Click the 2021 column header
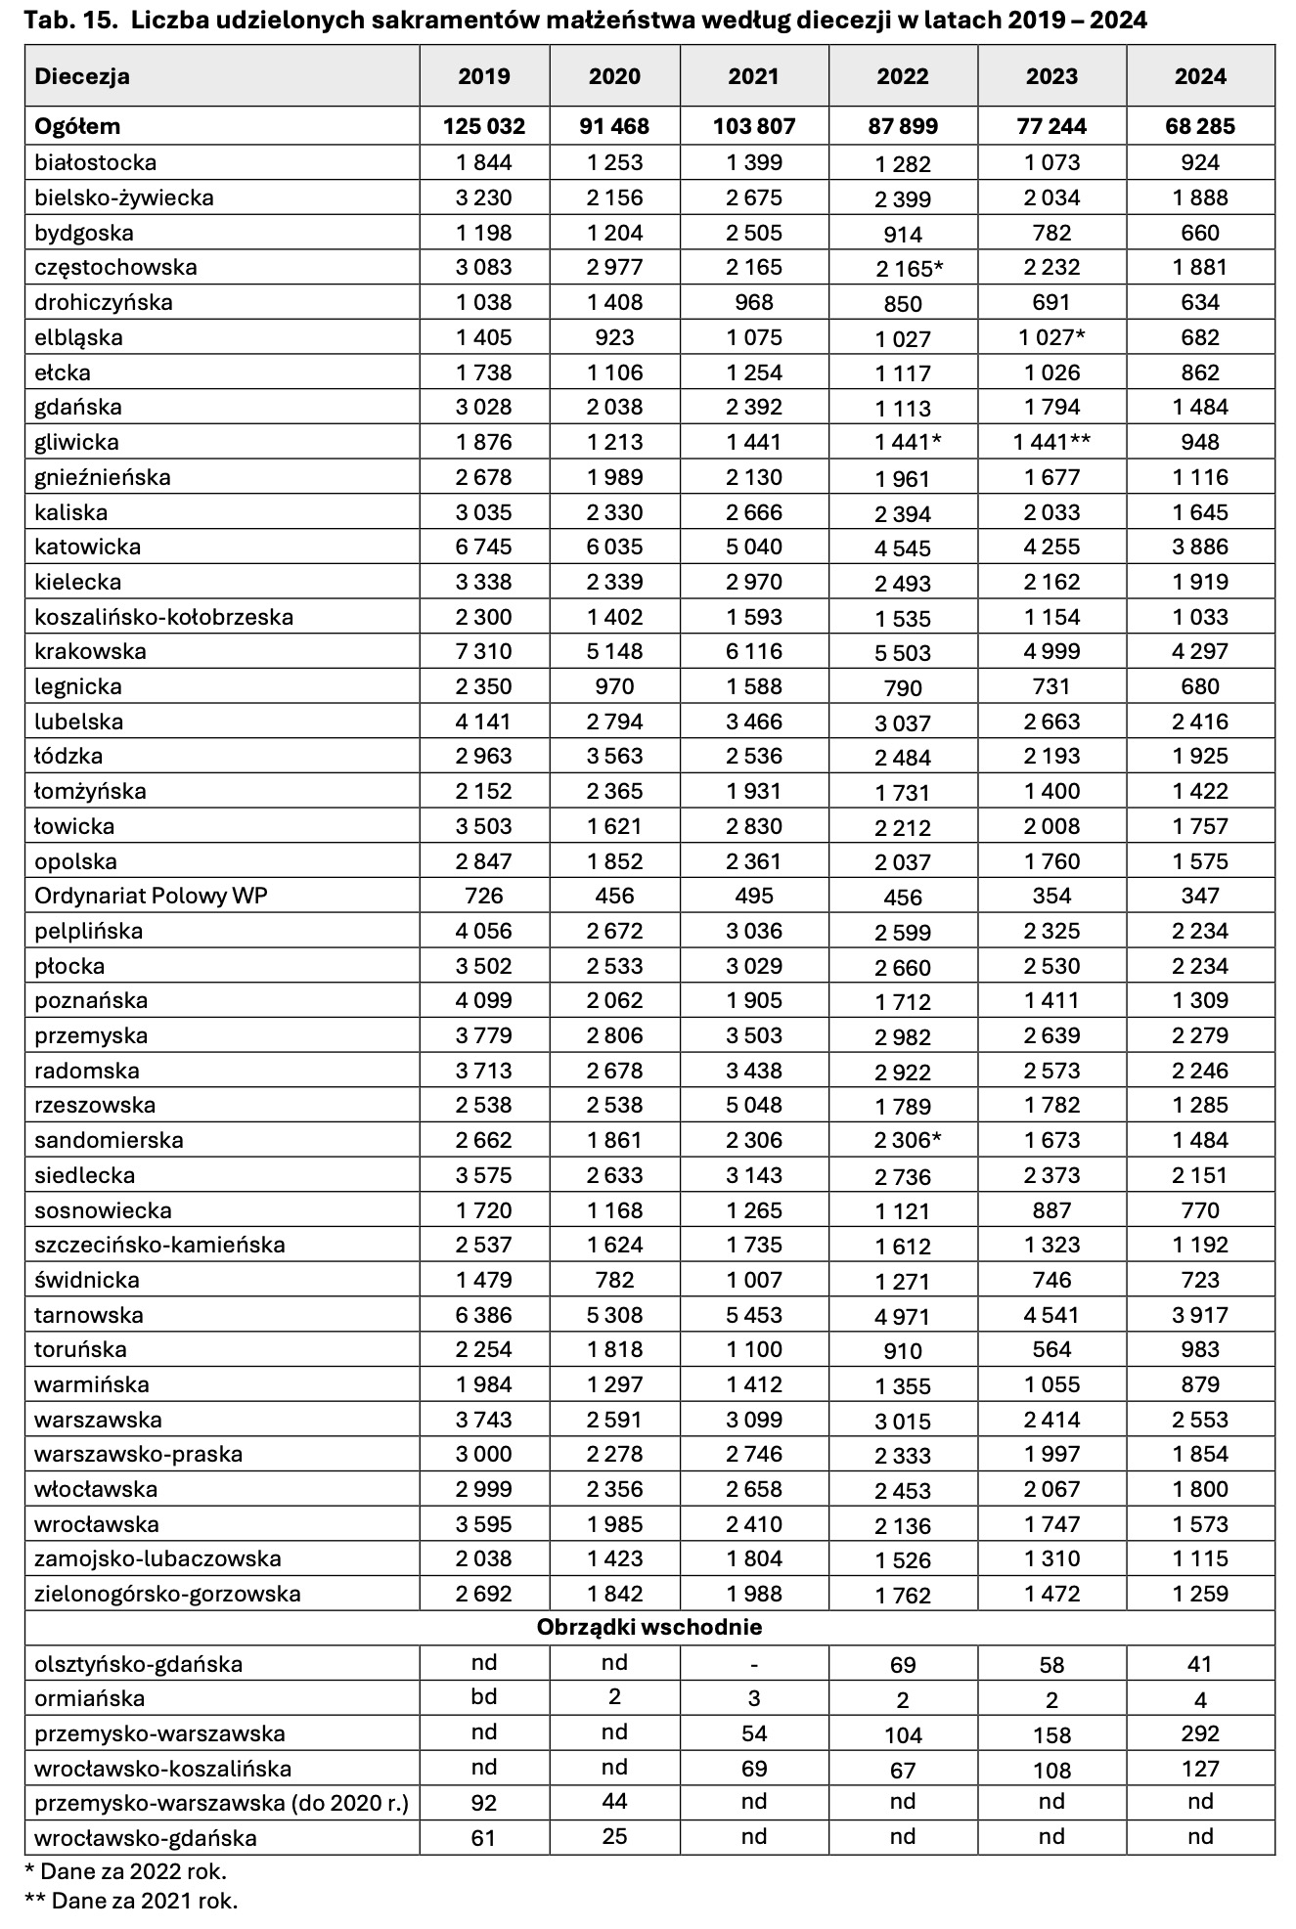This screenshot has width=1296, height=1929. point(754,76)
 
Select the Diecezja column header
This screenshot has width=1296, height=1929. point(82,76)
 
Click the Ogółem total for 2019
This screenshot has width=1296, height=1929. point(484,126)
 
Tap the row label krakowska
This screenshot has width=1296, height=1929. point(90,651)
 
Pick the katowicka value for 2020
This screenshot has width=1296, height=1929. point(614,547)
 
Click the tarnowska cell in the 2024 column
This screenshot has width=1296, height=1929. point(1200,1315)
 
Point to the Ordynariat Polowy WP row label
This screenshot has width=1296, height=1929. point(151,896)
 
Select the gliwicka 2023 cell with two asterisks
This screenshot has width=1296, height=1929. point(1051,442)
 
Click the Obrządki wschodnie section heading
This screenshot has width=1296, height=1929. point(649,1628)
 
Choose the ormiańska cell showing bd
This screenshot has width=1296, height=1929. point(484,1697)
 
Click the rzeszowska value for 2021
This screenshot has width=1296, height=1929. point(754,1105)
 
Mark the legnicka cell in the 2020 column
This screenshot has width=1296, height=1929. point(614,686)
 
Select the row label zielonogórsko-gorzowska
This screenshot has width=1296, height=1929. point(167,1594)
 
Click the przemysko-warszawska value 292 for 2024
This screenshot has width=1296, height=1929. point(1200,1733)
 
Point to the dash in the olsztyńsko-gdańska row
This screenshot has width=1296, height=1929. point(754,1663)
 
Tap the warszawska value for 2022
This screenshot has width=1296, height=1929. point(903,1421)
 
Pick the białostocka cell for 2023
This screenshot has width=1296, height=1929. point(1051,162)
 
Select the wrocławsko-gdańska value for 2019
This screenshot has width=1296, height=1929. point(484,1838)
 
